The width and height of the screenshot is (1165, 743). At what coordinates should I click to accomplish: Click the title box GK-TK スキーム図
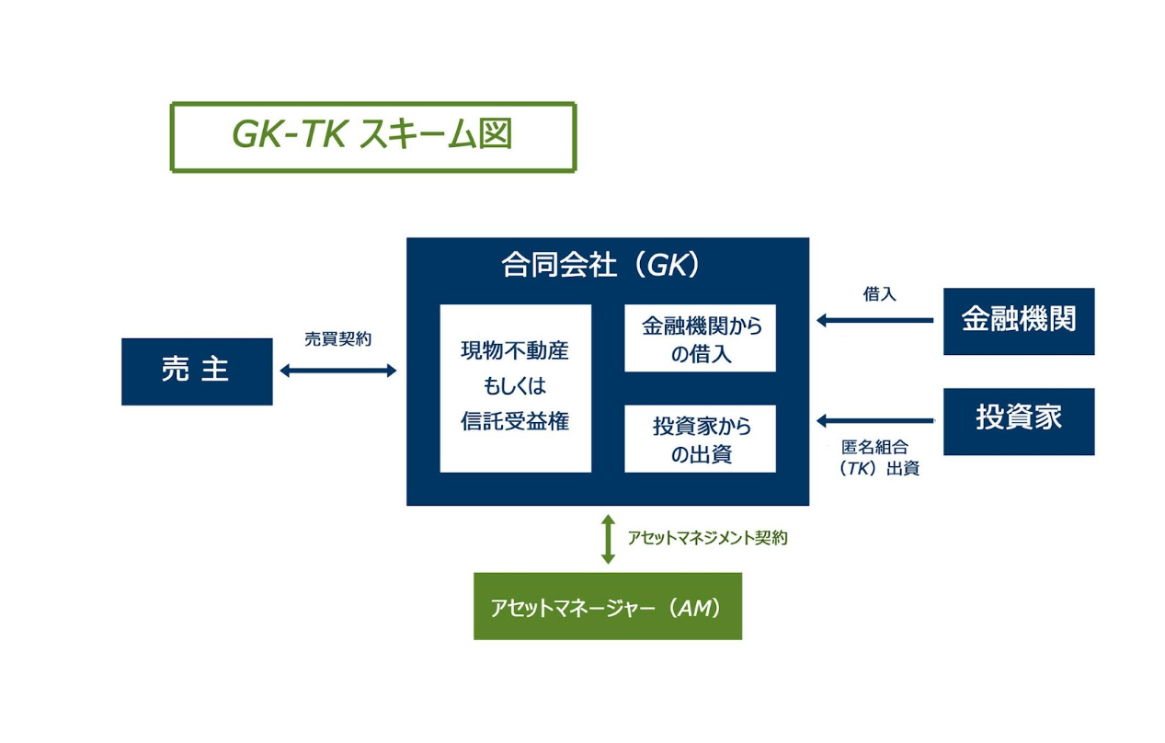click(x=372, y=137)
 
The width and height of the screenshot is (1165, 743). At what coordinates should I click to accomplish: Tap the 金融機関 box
click(x=1018, y=321)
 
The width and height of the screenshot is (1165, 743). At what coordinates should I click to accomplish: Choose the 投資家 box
click(x=1018, y=421)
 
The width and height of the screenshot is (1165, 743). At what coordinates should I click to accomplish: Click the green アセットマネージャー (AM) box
click(x=607, y=606)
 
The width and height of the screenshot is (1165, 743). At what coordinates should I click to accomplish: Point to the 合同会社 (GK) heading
click(x=601, y=266)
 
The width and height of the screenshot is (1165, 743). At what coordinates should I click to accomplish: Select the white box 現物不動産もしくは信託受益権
click(x=515, y=388)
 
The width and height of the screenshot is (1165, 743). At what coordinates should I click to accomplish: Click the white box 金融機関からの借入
click(x=700, y=338)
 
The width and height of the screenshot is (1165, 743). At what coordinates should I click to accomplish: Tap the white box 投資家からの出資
click(x=700, y=439)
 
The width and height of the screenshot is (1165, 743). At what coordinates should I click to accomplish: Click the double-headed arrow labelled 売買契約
click(x=337, y=371)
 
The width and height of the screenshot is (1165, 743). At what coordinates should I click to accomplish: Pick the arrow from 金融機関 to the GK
click(x=874, y=321)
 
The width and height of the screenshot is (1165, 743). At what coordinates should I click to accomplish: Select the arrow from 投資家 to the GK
click(x=874, y=421)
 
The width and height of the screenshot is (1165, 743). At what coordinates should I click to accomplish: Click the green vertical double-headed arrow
click(x=607, y=539)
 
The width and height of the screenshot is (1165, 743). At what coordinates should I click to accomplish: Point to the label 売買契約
click(x=337, y=338)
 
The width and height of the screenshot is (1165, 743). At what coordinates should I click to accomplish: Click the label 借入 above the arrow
click(x=879, y=294)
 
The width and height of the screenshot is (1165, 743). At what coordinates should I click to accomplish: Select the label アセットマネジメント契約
click(x=707, y=539)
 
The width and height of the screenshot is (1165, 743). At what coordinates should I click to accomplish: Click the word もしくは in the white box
click(x=515, y=387)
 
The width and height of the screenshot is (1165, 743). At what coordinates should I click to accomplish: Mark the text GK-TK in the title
click(x=288, y=136)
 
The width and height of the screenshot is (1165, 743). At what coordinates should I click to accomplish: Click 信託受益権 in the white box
click(x=515, y=421)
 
